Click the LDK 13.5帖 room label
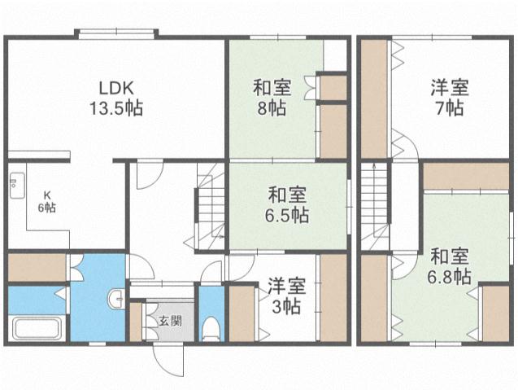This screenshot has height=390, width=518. [x=115, y=98]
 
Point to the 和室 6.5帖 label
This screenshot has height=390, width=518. [x=287, y=205]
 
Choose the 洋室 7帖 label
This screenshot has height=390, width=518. [x=448, y=98]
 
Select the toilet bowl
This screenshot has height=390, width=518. [x=211, y=328]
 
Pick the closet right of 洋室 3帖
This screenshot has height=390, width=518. [x=333, y=297]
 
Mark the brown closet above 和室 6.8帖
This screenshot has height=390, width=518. [x=465, y=174]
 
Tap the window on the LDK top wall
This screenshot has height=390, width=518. [x=115, y=33]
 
